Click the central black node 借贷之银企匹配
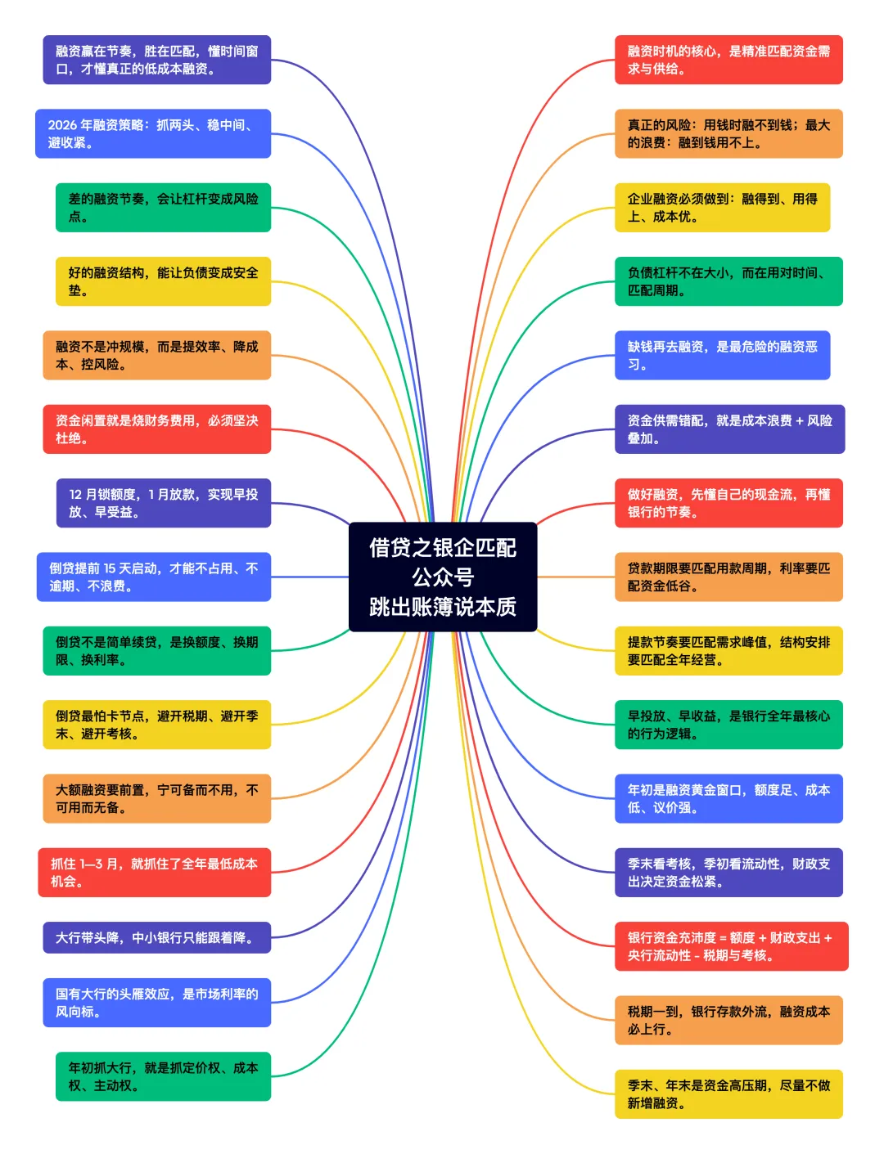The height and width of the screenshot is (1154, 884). (x=443, y=548)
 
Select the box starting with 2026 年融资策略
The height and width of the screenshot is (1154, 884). (x=153, y=133)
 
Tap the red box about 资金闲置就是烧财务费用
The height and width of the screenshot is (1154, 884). (x=156, y=429)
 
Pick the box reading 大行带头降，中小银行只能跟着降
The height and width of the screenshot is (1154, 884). (x=156, y=937)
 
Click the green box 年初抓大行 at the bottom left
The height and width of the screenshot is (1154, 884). (x=163, y=1076)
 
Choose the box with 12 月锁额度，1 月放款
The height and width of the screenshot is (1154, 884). (x=163, y=503)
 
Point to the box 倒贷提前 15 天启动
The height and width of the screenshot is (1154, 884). (x=153, y=577)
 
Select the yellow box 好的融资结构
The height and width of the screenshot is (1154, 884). (x=163, y=281)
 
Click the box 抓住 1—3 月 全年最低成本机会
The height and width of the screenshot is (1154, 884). (x=154, y=872)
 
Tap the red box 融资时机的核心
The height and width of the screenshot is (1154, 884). (x=728, y=60)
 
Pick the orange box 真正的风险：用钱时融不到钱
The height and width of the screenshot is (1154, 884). (x=728, y=133)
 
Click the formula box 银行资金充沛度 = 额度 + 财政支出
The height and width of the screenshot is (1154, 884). (x=731, y=946)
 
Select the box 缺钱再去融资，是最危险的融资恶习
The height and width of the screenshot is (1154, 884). (x=722, y=355)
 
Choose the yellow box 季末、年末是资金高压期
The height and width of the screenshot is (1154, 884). (x=728, y=1093)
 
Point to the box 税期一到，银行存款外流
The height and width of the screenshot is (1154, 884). (x=728, y=1020)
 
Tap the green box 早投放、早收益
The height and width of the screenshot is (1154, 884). (x=728, y=725)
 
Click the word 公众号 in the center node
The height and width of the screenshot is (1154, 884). (x=443, y=577)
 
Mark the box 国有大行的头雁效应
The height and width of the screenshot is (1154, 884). (x=156, y=1003)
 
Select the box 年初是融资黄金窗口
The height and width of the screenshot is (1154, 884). (x=728, y=798)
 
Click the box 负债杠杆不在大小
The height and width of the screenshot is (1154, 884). (x=728, y=281)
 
